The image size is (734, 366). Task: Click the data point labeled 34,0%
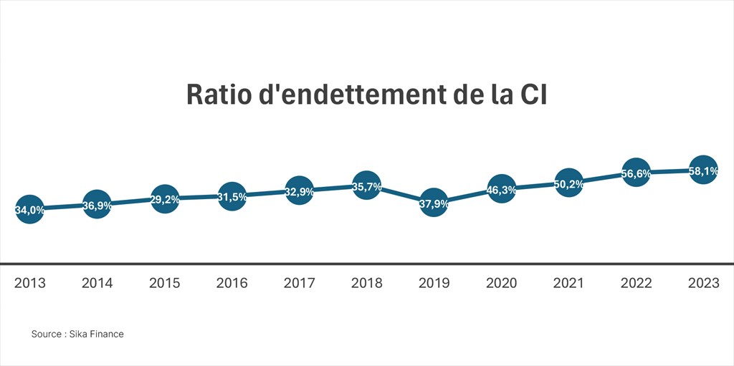pos(29,210)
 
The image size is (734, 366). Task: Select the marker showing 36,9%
pos(97,205)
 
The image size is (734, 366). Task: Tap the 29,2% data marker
pos(164,199)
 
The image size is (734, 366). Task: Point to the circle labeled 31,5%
pos(232,196)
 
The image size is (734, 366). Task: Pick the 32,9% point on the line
pos(299,191)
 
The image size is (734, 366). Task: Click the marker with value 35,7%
pos(366,186)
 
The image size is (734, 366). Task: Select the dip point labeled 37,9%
pos(434,203)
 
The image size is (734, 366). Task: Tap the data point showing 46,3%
pos(501,189)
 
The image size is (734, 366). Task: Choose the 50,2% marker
pos(568,183)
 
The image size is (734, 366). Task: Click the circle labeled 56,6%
pos(636,173)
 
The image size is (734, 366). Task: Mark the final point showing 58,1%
pos(703,170)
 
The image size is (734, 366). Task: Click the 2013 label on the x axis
pos(29,283)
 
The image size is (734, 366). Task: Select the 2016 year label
pos(232,283)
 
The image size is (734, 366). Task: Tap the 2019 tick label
pos(434,283)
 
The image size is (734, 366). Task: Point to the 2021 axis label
pos(568,283)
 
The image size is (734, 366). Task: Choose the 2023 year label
pos(703,283)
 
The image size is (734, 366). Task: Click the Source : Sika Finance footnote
pos(77,334)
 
